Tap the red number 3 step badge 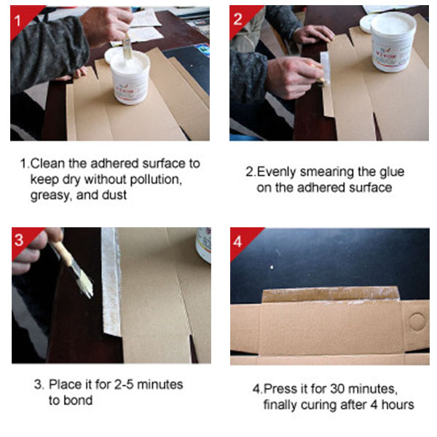coord(22,239)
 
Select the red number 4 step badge coord(240,240)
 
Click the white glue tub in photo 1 coord(129,76)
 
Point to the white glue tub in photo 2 coord(391,42)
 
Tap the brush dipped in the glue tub coord(127,47)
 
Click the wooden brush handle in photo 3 coord(62,253)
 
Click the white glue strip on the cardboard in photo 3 coord(111,281)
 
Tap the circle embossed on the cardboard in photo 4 coord(417,321)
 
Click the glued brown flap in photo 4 coord(331,296)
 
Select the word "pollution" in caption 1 coord(156,180)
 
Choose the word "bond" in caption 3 coord(78,400)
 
